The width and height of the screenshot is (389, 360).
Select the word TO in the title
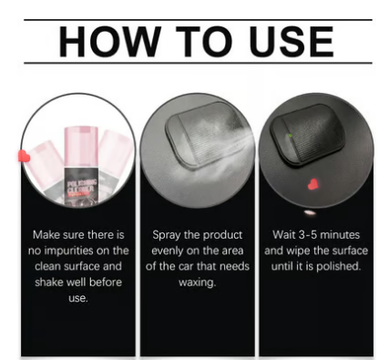204,42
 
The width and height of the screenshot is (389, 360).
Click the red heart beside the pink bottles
24,157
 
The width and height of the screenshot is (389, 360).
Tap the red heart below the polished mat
312,184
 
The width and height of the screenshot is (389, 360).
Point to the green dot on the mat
290,136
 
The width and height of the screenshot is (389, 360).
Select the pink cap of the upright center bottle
81,147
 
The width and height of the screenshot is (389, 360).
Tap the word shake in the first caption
48,282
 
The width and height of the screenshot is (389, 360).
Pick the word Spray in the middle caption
166,235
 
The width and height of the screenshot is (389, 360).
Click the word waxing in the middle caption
197,283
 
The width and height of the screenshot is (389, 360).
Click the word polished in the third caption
339,267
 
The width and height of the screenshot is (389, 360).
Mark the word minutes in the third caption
340,235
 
